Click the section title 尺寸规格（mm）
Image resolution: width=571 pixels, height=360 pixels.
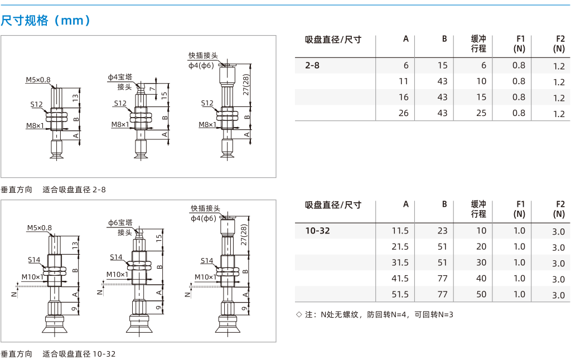click(x=46, y=21)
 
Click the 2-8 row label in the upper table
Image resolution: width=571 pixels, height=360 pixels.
click(x=312, y=66)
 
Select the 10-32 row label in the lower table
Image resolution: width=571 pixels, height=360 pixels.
click(x=317, y=231)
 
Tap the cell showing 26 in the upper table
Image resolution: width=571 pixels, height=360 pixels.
click(x=404, y=113)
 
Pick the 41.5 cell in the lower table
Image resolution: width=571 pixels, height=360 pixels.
click(x=400, y=279)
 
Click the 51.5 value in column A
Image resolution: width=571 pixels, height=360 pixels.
click(x=400, y=294)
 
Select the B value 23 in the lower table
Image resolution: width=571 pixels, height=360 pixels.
click(x=442, y=231)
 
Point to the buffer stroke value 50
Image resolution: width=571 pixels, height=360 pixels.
click(x=481, y=294)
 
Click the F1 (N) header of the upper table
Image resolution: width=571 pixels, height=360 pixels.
click(x=520, y=43)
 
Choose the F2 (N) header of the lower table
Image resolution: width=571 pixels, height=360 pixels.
click(x=559, y=209)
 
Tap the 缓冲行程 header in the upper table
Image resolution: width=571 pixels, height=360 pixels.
click(x=478, y=43)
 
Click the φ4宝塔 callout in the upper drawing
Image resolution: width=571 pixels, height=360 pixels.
click(x=120, y=77)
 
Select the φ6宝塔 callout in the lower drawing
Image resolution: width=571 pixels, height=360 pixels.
click(x=120, y=223)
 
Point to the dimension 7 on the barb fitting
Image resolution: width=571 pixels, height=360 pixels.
click(x=153, y=89)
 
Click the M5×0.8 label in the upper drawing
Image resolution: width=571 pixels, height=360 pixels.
click(x=38, y=80)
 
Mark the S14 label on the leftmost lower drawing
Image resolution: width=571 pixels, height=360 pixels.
click(x=34, y=260)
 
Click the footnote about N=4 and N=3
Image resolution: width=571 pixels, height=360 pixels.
click(x=375, y=314)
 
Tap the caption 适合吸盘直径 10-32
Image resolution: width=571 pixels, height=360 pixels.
click(x=79, y=354)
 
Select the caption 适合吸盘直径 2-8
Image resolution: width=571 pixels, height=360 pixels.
click(x=74, y=189)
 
